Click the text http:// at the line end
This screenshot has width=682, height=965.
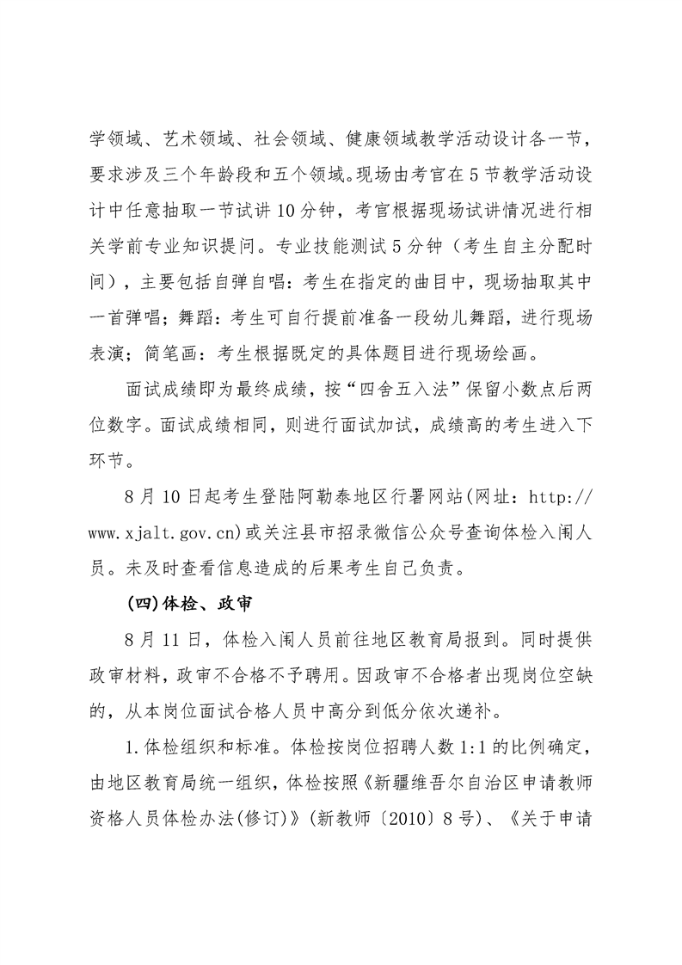(558, 499)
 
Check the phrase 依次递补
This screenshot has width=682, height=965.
(468, 711)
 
